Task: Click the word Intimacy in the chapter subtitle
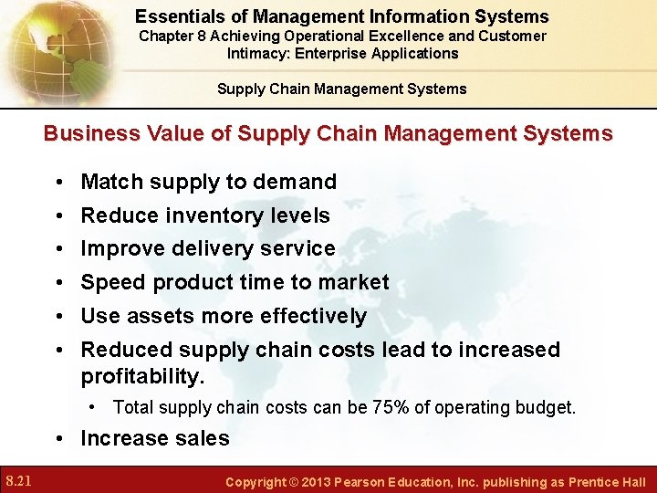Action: tap(258, 53)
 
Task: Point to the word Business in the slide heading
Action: tap(89, 133)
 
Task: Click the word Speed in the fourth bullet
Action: tap(113, 282)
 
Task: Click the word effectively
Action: tap(313, 316)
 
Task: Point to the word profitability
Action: tap(142, 376)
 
